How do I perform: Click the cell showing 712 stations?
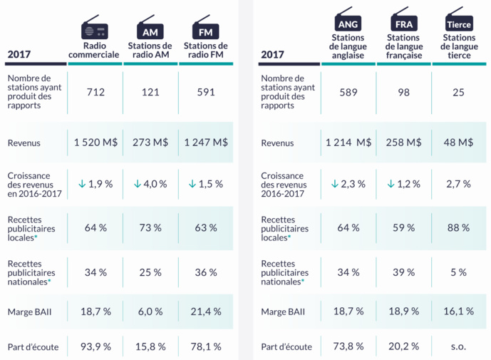(95, 92)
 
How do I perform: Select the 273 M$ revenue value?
(150, 142)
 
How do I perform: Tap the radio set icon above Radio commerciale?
(95, 29)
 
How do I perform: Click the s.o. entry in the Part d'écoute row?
(459, 346)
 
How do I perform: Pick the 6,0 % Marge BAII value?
(150, 312)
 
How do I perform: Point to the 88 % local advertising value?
(459, 228)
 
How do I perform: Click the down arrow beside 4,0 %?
(137, 184)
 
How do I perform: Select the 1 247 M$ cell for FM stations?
(206, 142)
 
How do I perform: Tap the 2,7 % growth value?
(459, 184)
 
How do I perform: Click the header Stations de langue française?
(403, 47)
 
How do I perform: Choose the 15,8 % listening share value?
(150, 346)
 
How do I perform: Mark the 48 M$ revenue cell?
(459, 142)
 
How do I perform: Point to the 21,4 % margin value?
(206, 312)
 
